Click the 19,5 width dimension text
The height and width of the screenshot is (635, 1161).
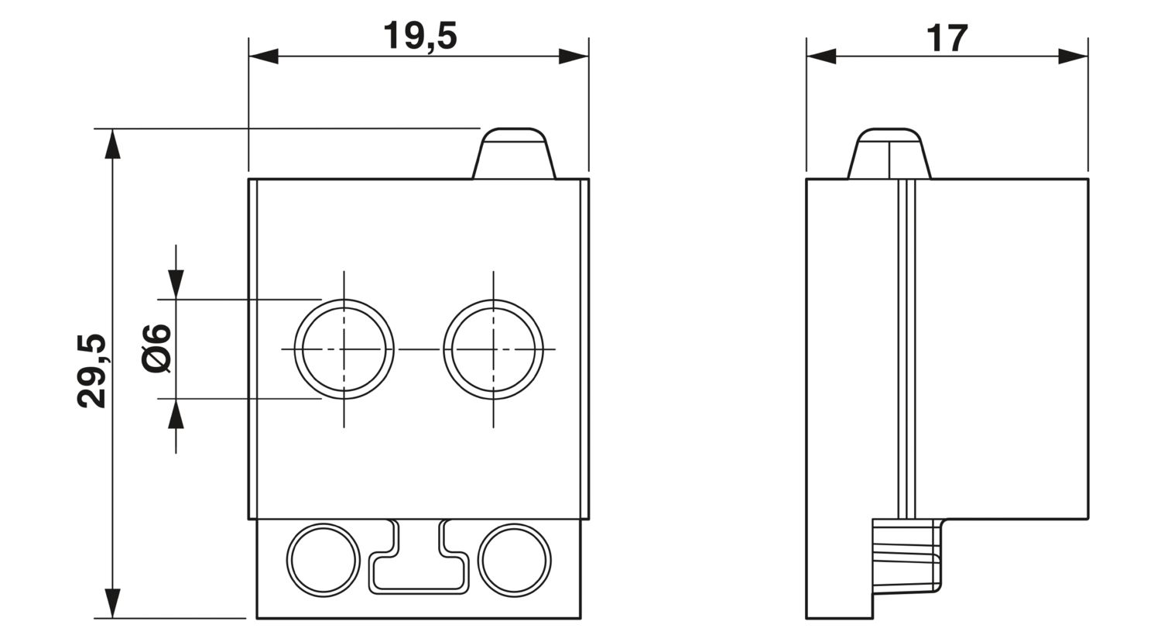(x=420, y=36)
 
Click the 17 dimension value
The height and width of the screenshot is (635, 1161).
(x=947, y=38)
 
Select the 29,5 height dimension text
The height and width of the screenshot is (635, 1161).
(x=92, y=371)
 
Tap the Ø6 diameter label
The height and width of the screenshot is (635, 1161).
(x=157, y=348)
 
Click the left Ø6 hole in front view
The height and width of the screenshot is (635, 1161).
(x=344, y=349)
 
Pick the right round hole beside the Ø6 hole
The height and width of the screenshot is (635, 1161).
(x=493, y=349)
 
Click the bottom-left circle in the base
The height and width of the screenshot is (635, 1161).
(x=324, y=560)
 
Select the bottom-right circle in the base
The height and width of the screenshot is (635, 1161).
(x=515, y=560)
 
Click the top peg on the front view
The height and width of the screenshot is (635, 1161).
(x=514, y=153)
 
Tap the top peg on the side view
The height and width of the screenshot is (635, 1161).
(x=889, y=153)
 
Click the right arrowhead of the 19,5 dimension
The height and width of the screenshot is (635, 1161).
(x=574, y=56)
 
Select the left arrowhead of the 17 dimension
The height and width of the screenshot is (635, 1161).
(x=821, y=56)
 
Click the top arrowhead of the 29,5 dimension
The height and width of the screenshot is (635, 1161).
(x=113, y=144)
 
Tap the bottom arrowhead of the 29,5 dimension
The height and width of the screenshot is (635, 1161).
(x=113, y=603)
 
